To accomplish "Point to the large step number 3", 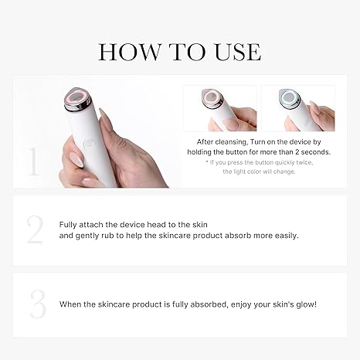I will [36, 304].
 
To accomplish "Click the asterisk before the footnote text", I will [207, 163].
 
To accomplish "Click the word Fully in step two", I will [70, 224].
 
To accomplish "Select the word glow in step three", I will [303, 304].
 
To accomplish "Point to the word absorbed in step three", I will [199, 304].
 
